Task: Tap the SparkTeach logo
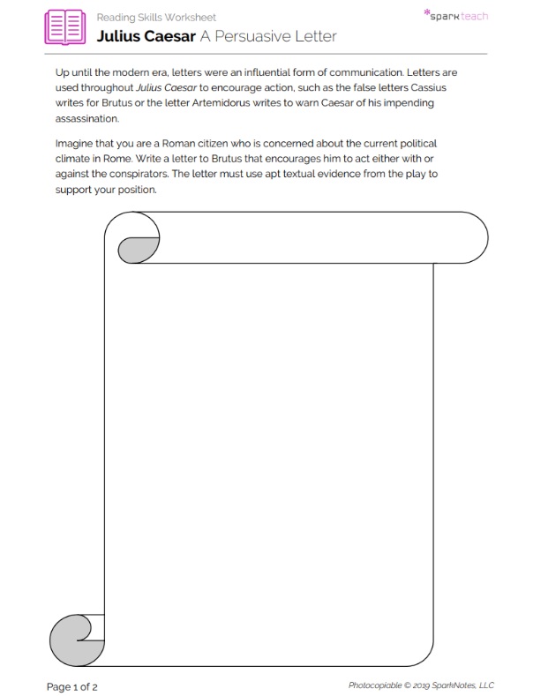pyautogui.click(x=455, y=15)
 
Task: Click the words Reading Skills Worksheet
pyautogui.click(x=156, y=17)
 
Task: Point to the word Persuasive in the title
pyautogui.click(x=258, y=36)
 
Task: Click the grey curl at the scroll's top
pyautogui.click(x=139, y=250)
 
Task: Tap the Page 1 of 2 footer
pyautogui.click(x=71, y=685)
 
